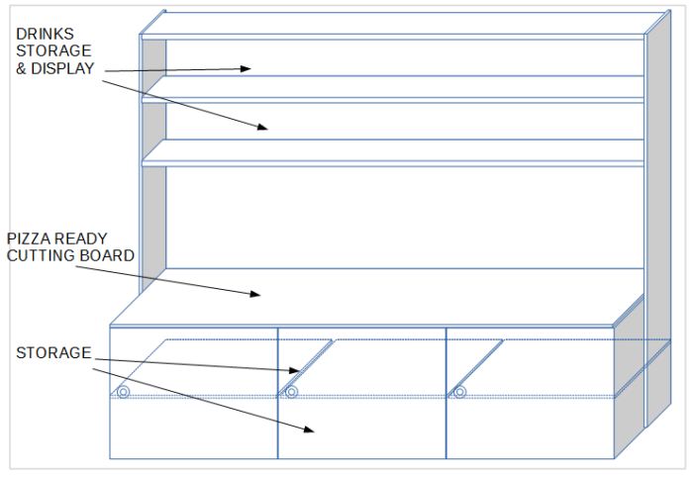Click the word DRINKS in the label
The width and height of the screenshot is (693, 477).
click(46, 34)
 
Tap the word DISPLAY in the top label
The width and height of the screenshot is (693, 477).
click(62, 68)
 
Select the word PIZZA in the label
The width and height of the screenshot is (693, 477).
click(29, 238)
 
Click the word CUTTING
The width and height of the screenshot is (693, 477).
click(35, 255)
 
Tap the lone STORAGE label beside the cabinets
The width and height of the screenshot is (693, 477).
click(53, 353)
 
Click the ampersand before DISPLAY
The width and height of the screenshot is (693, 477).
click(21, 68)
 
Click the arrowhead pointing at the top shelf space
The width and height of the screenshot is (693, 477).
click(246, 68)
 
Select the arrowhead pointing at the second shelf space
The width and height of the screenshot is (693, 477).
click(263, 127)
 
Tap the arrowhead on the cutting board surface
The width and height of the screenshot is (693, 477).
click(255, 294)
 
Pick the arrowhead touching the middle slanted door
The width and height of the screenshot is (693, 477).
click(295, 370)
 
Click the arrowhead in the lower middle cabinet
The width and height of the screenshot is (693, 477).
click(309, 429)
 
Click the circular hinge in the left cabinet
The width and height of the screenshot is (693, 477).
click(124, 392)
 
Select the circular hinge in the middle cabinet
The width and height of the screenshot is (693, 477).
click(291, 392)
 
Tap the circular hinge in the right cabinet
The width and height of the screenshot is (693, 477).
click(459, 392)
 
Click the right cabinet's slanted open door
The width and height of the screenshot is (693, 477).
click(475, 368)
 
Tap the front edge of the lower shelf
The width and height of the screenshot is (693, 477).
click(392, 164)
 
